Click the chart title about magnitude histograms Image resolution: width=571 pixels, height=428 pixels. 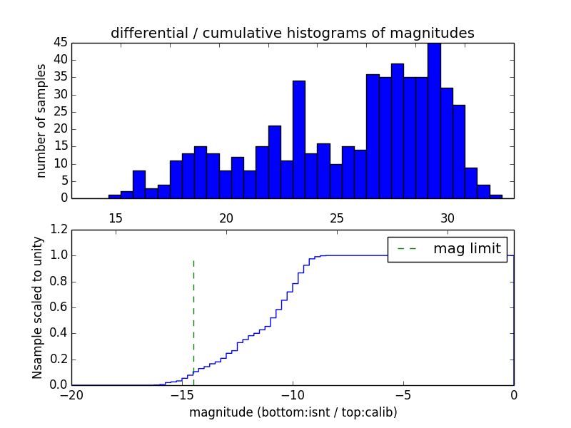292,33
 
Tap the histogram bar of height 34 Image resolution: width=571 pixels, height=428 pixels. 299,140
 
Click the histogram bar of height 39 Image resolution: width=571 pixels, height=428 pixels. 397,131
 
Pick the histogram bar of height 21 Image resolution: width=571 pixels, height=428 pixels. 274,162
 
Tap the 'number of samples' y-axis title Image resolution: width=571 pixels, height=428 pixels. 41,121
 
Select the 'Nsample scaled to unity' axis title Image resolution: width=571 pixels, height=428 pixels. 37,308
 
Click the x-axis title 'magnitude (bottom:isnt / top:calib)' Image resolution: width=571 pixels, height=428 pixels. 293,412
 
